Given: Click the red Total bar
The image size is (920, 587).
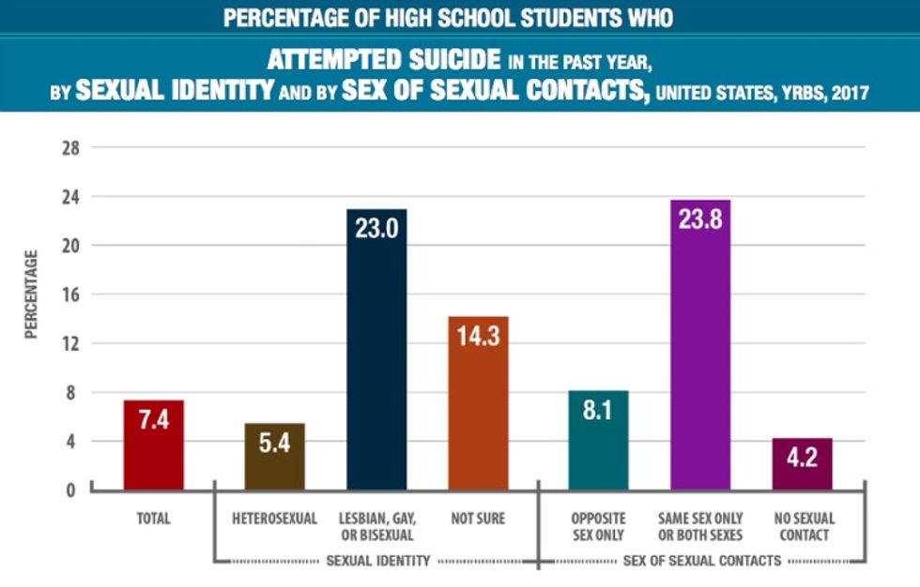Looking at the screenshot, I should click(153, 445).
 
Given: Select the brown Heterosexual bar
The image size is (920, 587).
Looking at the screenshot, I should click(274, 457).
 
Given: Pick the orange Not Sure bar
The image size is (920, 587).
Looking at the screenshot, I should click(478, 403).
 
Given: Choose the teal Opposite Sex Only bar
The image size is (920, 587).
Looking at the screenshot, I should click(598, 441).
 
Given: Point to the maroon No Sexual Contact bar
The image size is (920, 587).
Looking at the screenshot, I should click(802, 464).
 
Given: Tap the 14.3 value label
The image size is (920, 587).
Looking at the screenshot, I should click(478, 338).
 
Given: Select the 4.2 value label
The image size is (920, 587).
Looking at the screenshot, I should click(802, 459).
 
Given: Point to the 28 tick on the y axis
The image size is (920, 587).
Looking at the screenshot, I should click(69, 148).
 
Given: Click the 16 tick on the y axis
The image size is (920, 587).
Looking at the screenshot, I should click(69, 294).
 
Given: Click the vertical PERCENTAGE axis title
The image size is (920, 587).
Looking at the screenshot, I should click(31, 294).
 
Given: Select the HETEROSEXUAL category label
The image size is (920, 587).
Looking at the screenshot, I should click(274, 519).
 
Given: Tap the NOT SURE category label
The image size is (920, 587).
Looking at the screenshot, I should click(478, 519).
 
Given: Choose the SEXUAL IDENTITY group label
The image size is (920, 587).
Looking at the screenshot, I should click(376, 561).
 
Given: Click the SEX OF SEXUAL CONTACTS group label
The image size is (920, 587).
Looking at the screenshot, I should click(700, 561).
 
